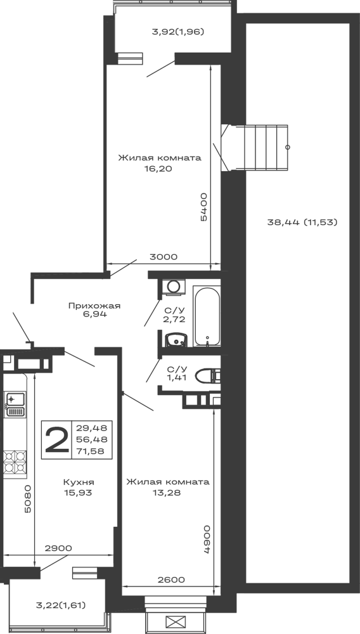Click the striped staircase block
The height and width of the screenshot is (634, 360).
[264, 147]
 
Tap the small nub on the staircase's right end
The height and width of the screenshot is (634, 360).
[292, 147]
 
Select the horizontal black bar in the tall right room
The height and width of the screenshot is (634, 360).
[301, 223]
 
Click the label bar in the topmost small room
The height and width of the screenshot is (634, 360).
[180, 30]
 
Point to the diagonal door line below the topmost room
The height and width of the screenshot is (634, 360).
[156, 70]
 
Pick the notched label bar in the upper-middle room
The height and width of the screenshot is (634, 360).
[159, 158]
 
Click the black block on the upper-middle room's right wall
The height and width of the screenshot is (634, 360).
[203, 208]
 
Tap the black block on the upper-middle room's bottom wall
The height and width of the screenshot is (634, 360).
[162, 257]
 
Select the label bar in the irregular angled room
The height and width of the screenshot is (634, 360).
[94, 307]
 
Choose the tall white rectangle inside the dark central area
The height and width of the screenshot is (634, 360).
[208, 315]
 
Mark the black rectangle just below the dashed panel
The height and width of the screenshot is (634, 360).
[79, 486]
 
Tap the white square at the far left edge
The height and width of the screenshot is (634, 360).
[15, 433]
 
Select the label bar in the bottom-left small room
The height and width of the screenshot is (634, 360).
[61, 604]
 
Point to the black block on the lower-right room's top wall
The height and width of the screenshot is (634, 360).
[167, 490]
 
